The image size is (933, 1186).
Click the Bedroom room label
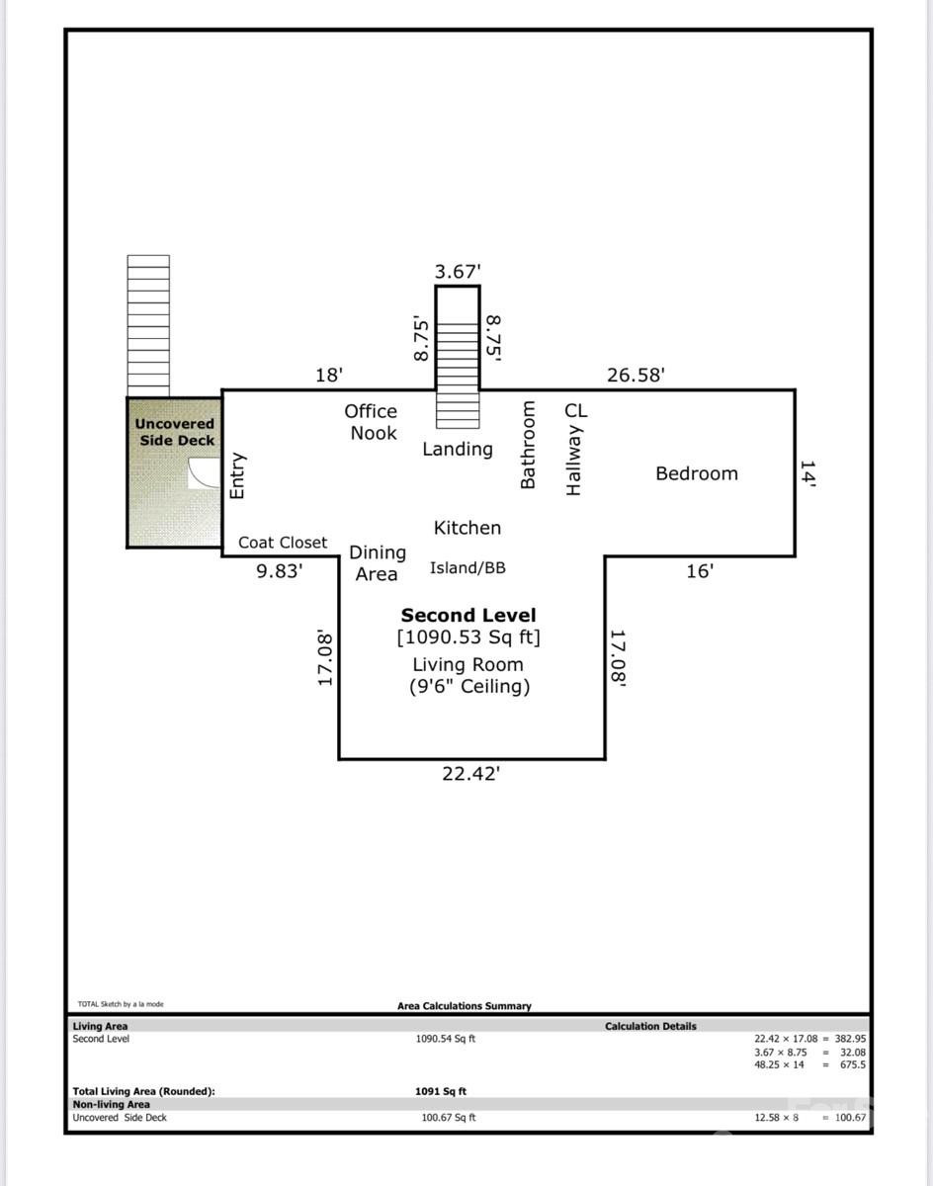(x=697, y=473)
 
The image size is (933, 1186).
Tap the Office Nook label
(x=372, y=422)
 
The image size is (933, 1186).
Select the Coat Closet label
(x=283, y=543)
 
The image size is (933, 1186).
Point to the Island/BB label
(x=467, y=568)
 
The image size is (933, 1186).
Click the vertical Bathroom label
(x=528, y=445)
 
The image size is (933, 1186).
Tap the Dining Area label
(x=377, y=563)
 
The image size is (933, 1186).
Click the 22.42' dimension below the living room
(x=470, y=774)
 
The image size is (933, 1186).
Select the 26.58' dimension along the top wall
(x=635, y=376)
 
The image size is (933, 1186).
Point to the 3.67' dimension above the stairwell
(x=458, y=271)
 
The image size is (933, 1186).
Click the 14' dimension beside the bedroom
(x=807, y=473)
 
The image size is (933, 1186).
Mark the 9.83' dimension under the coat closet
(x=280, y=570)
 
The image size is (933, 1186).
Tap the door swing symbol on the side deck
(x=205, y=473)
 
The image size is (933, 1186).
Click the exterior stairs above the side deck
(x=148, y=325)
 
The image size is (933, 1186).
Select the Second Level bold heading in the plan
(x=467, y=616)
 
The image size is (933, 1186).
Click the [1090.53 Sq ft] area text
(x=468, y=637)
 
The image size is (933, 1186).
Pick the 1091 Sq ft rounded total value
(x=441, y=1091)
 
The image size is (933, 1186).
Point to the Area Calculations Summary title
(x=465, y=1006)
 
